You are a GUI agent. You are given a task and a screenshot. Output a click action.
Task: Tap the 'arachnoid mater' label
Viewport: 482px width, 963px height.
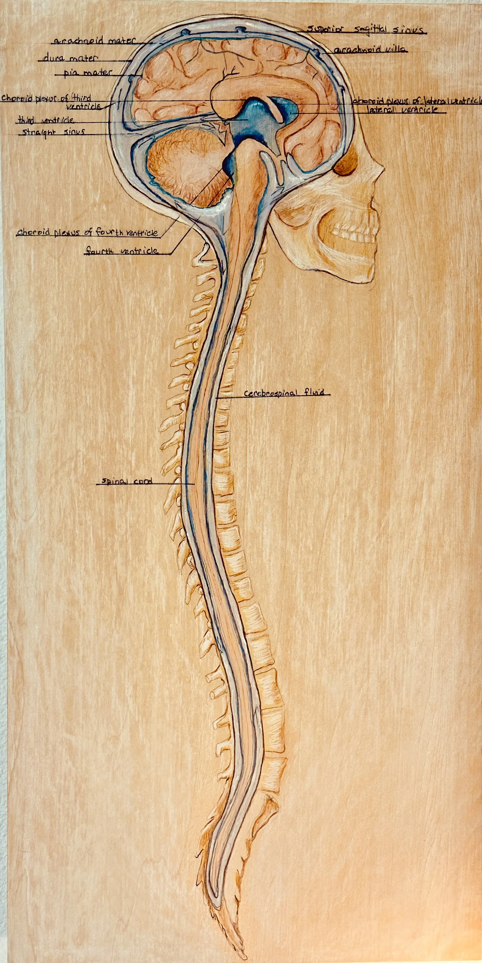94,41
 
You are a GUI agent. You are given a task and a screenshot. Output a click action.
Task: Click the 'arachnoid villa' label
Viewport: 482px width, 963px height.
370,50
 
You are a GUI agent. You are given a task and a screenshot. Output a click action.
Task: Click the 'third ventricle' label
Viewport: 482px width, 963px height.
46,120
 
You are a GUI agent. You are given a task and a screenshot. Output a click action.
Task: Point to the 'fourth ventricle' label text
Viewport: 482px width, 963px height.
121,251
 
